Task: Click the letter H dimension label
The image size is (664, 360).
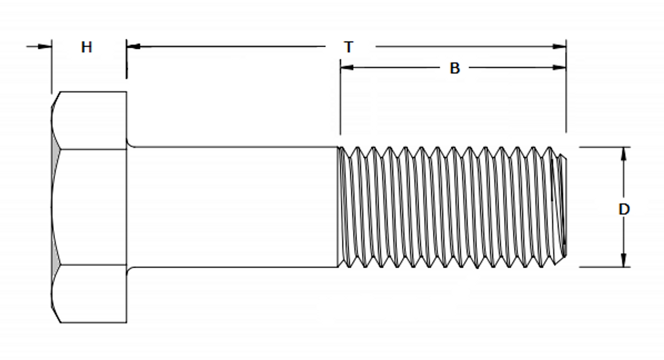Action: coord(87,47)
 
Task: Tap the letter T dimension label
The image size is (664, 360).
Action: coord(349,47)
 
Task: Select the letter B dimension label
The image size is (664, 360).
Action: coord(454,68)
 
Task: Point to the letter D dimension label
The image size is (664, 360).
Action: coord(624,210)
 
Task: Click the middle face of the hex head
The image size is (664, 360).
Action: coord(89,207)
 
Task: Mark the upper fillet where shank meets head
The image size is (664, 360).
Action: coord(130,145)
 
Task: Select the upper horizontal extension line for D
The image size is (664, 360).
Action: coord(604,147)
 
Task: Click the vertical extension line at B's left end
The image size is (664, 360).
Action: coord(340,104)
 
